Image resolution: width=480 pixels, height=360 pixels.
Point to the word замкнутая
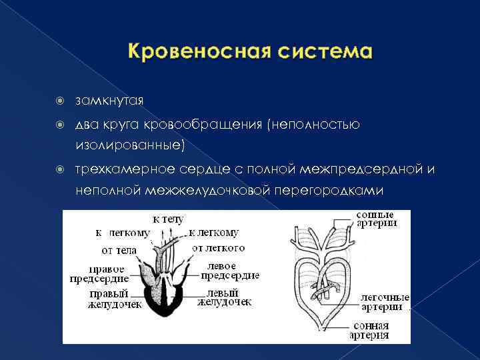[x=109, y=101]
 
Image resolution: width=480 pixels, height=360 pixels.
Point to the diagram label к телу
[x=168, y=219]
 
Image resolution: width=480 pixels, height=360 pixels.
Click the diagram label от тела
[x=119, y=250]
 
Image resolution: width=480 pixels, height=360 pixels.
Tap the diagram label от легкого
[x=218, y=248]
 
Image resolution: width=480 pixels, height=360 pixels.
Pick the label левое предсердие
[x=229, y=270]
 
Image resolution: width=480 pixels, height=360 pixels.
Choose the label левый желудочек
[x=225, y=297]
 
